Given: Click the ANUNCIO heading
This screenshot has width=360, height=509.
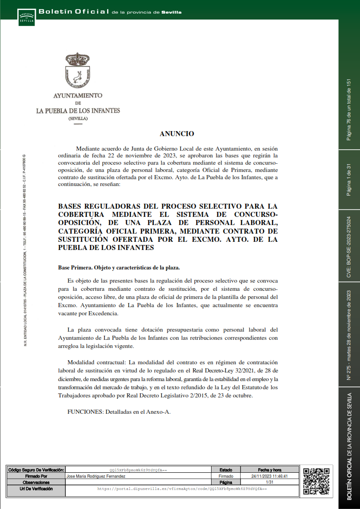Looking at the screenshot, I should tap(177, 134).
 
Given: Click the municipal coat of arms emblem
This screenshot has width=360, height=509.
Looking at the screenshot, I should tap(78, 70).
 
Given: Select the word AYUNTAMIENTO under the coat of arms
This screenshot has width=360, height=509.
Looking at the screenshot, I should tap(78, 96).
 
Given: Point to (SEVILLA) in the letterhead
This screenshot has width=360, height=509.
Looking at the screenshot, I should tap(78, 118).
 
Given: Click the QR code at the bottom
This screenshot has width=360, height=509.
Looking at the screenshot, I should tap(316, 481).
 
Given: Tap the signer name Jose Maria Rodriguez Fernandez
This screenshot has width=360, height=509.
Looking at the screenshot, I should tap(96, 476).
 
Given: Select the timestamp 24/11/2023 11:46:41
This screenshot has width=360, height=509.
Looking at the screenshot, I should tap(270, 476).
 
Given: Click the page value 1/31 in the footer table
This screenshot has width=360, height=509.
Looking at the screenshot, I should tap(270, 483).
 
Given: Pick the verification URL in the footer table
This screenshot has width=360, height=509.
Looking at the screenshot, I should tap(182, 489).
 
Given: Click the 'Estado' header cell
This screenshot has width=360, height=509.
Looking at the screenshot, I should tap(226, 470).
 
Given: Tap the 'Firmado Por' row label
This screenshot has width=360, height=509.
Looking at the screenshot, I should tap(36, 476).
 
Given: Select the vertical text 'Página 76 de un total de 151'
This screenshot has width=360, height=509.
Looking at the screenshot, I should tap(349, 109).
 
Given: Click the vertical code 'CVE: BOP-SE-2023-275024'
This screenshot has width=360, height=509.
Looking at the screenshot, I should tap(349, 247).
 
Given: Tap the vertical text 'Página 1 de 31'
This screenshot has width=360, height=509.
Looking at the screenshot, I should tap(349, 180).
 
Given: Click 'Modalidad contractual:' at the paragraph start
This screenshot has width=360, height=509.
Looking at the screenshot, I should tap(97, 362).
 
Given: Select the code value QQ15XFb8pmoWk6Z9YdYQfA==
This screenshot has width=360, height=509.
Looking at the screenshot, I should tap(138, 470).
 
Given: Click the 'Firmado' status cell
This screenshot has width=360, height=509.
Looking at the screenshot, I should tap(226, 476).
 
